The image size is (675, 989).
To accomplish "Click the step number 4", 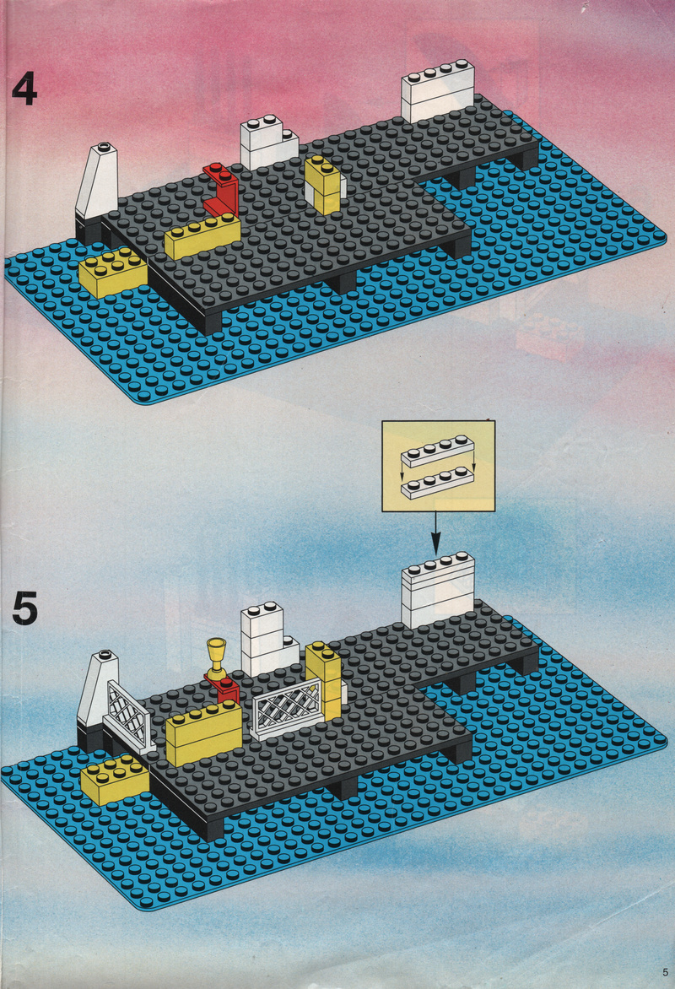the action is point(24,89).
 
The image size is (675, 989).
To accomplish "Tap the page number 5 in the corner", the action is point(665,971).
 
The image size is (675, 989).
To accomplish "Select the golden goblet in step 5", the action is point(216,658).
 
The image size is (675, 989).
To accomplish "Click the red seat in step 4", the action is point(221,188).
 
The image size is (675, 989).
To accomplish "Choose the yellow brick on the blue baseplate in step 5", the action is point(115,781).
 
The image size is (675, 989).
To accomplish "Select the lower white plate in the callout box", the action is point(437,484).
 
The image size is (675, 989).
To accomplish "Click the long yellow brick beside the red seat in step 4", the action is point(202,235).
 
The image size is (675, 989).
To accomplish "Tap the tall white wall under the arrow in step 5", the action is point(438,591).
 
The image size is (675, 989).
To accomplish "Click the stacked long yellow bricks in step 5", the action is point(203,733).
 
